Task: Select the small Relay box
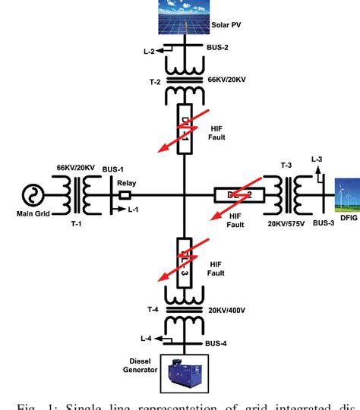point(125,197)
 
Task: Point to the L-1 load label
point(134,210)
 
